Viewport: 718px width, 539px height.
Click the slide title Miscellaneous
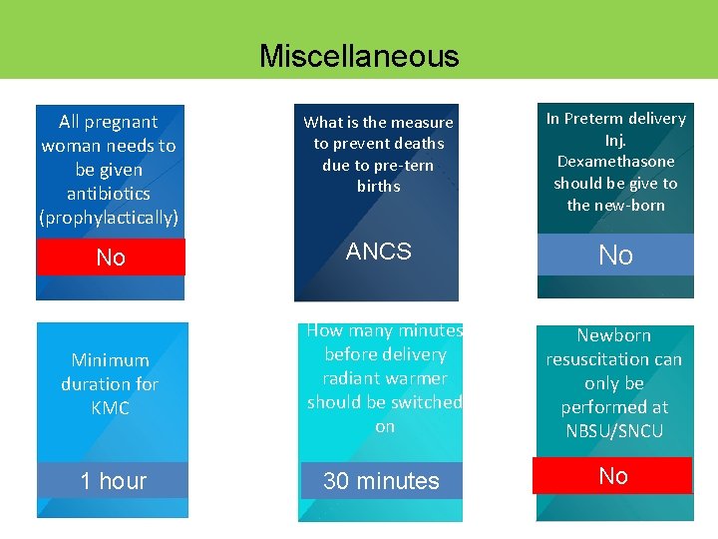[x=359, y=55]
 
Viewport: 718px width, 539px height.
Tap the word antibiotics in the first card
[x=109, y=193]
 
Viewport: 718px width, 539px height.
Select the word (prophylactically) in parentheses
[x=109, y=217]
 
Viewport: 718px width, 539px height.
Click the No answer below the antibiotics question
[x=111, y=258]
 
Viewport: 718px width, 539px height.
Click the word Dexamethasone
[x=615, y=161]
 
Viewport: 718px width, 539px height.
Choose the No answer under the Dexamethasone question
[x=615, y=256]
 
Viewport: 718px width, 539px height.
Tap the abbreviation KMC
[x=110, y=407]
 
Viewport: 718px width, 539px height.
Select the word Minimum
[x=110, y=359]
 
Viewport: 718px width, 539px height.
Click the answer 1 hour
[x=113, y=481]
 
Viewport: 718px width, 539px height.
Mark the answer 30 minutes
[x=381, y=481]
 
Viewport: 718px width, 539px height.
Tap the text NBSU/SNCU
[x=614, y=431]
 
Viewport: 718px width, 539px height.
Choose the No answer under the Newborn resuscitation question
[x=613, y=476]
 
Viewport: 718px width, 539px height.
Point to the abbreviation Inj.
[x=615, y=140]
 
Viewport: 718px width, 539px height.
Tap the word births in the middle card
[x=379, y=186]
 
